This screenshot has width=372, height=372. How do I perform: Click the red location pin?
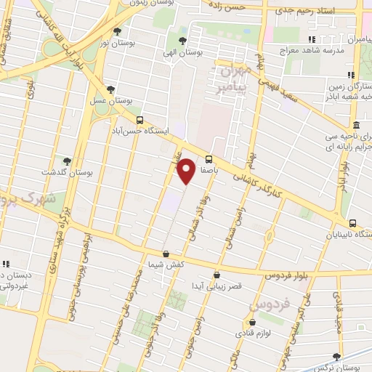[187, 170]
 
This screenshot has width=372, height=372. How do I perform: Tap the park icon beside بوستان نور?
[118, 31]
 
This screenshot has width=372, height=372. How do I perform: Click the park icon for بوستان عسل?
[110, 89]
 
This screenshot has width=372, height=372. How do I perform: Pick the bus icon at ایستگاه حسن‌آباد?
[139, 121]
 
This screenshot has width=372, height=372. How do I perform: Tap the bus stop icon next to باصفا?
[209, 159]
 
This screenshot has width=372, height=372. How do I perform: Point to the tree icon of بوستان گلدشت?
[67, 161]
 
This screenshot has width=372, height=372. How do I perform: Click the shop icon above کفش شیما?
[166, 254]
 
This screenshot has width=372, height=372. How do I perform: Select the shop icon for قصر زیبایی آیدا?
[217, 275]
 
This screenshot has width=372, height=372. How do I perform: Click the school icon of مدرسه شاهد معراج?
[312, 39]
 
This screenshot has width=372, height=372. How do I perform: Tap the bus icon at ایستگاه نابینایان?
[352, 223]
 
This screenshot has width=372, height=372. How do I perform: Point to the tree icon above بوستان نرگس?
[336, 356]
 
